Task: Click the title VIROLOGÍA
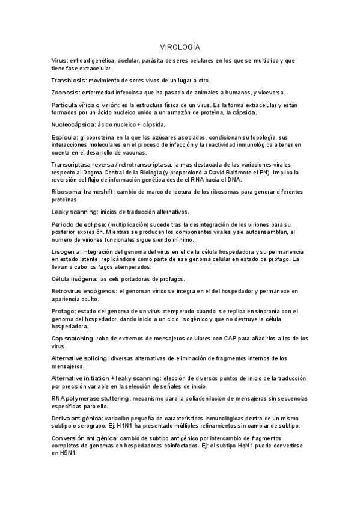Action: (x=180, y=46)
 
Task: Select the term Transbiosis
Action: (x=67, y=81)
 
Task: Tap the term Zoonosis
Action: (x=64, y=92)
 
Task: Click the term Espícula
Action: (x=64, y=137)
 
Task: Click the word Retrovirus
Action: (x=67, y=292)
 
